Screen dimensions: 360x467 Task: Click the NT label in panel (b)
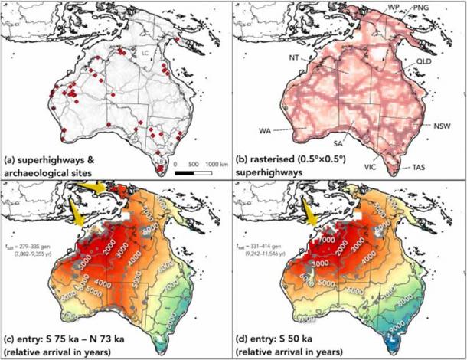[x=294, y=57]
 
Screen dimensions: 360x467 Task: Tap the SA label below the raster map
[x=336, y=142]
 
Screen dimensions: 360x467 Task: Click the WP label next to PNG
[x=394, y=7]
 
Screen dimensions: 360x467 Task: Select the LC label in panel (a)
[x=145, y=53]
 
